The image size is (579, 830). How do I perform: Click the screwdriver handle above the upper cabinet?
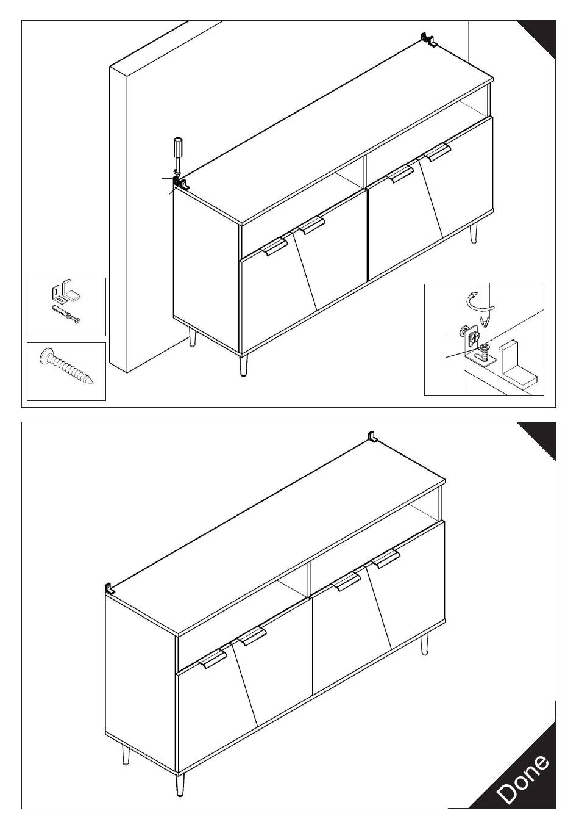178,148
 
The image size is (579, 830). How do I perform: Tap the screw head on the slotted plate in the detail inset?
485,348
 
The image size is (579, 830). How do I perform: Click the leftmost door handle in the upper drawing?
274,247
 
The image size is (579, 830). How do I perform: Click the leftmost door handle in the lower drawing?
213,658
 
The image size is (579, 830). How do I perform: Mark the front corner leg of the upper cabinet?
244,365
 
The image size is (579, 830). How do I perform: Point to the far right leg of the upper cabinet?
474,234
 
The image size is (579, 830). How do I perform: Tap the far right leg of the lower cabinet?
424,644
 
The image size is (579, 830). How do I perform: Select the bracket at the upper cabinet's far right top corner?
430,40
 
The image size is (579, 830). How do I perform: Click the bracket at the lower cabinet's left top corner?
110,590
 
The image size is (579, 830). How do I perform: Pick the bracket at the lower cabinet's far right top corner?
373,437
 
